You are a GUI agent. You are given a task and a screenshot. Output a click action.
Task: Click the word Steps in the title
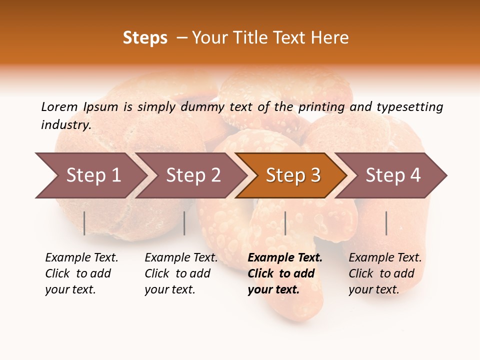145,38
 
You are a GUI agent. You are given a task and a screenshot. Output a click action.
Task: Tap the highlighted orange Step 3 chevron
292,175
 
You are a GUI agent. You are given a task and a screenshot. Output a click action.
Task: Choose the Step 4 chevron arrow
392,175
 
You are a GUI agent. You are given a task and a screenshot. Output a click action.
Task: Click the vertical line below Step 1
84,223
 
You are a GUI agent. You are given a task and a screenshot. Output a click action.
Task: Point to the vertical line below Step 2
184,223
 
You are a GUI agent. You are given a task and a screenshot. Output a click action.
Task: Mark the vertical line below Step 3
285,223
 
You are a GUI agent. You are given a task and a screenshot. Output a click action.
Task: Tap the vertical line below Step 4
386,223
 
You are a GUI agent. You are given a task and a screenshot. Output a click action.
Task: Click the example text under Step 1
81,273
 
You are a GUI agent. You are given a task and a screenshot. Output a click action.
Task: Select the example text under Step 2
180,273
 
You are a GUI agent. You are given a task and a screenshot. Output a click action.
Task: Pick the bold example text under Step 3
284,273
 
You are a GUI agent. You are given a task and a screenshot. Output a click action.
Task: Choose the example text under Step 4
384,273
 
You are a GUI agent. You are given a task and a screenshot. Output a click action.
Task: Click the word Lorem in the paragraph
59,107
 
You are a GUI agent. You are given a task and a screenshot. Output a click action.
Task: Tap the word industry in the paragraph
66,125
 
